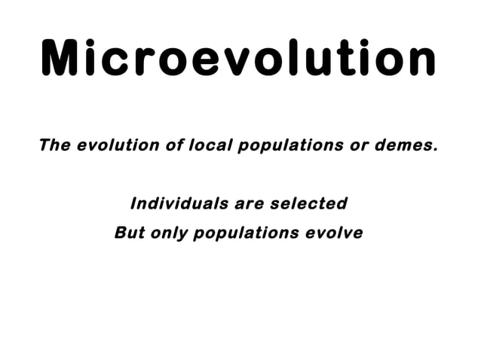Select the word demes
click(403, 145)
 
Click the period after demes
click(434, 149)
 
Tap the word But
click(129, 233)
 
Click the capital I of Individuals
click(133, 203)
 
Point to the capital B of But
click(120, 233)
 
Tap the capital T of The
click(44, 145)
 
